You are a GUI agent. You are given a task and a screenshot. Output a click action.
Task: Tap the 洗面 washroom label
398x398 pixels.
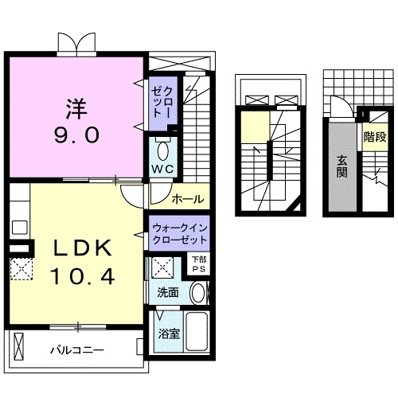pos(167,293)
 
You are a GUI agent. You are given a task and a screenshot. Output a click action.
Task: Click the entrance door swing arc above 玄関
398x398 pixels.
pos(339,107)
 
